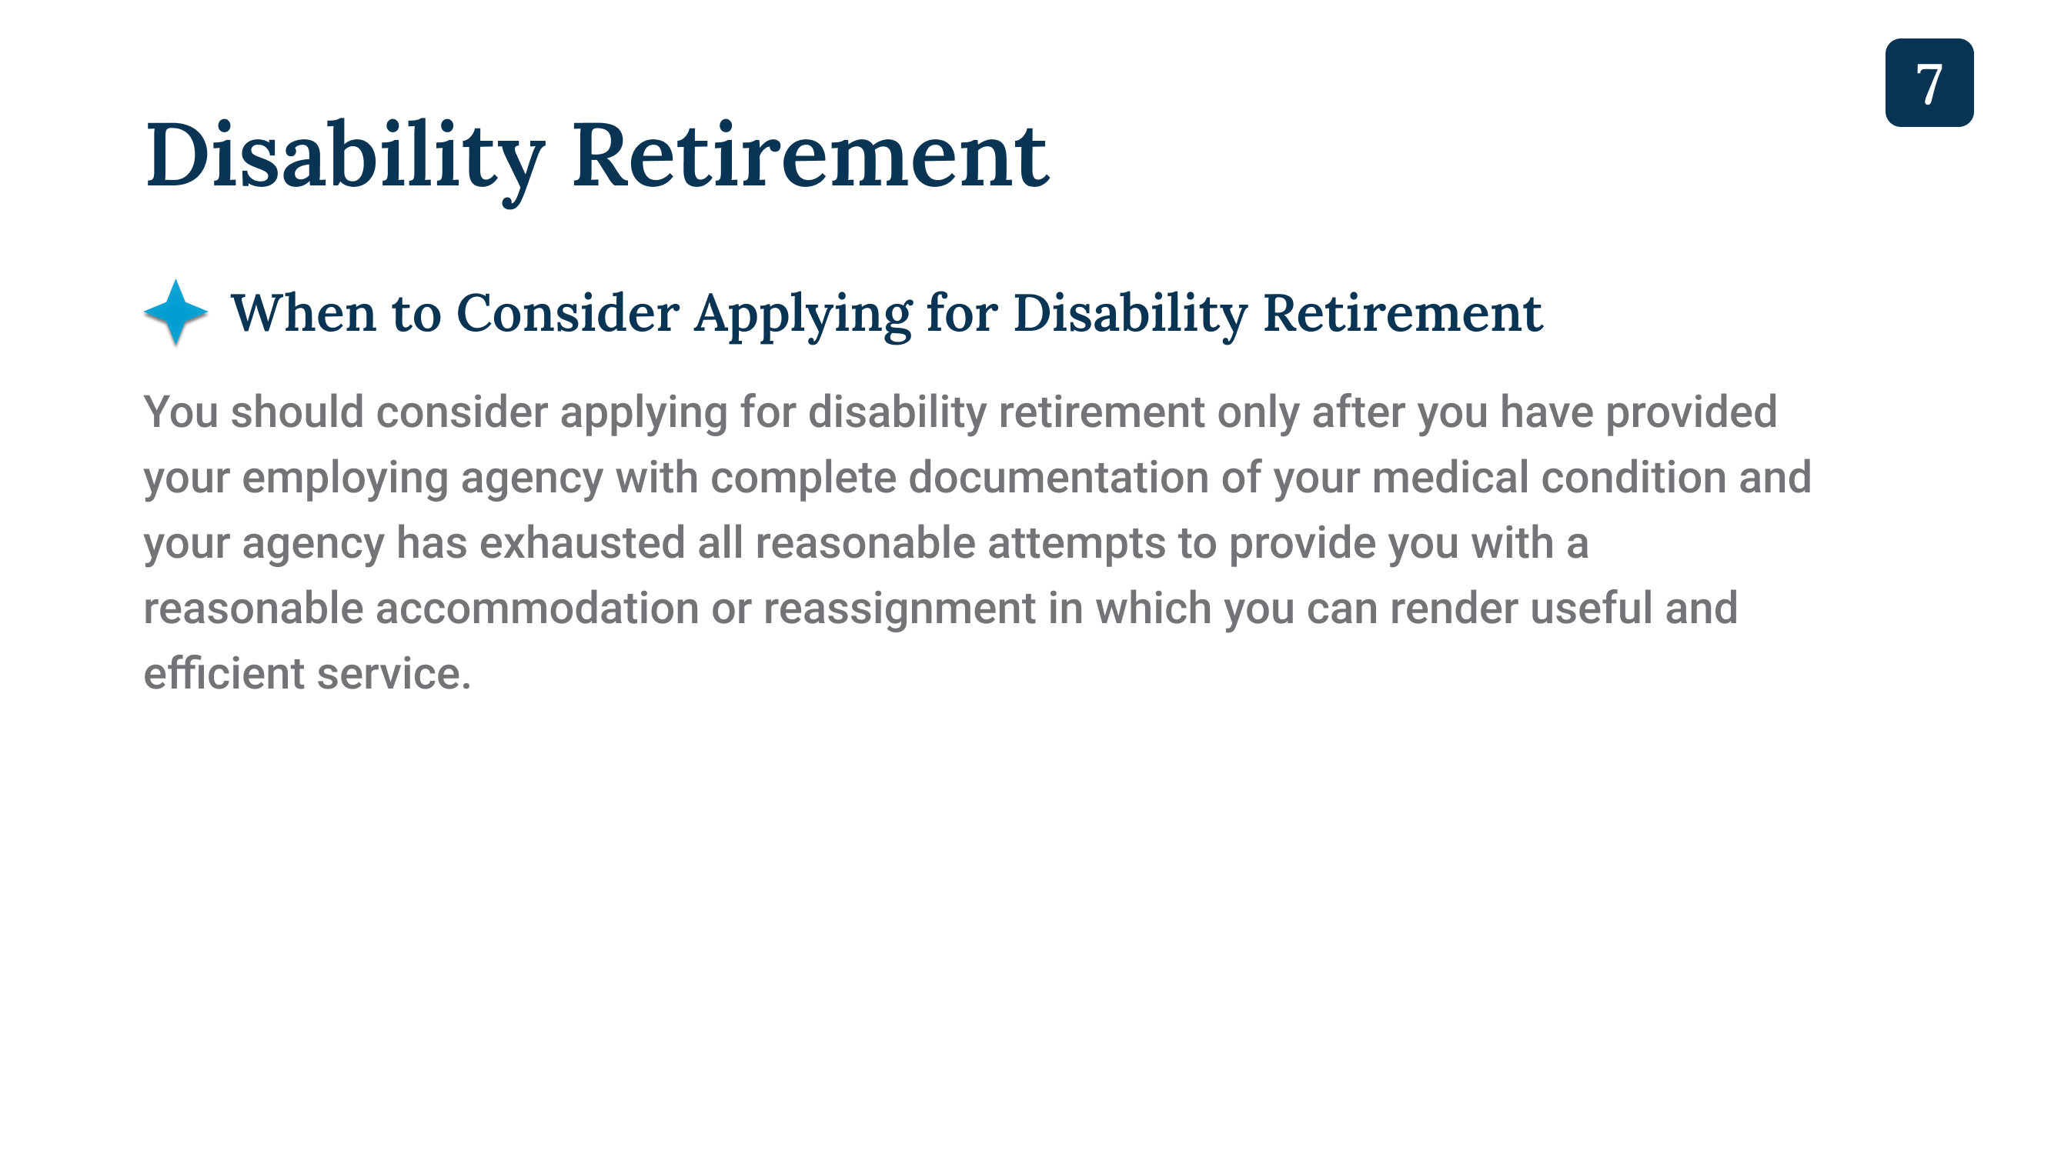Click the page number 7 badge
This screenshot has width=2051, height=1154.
coord(1929,83)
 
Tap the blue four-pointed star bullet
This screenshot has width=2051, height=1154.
coord(176,312)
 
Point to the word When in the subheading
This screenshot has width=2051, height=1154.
coord(302,312)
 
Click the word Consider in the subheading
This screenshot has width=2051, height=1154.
coord(568,312)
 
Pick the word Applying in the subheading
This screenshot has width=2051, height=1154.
coord(803,315)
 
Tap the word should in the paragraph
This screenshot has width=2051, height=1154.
coord(297,412)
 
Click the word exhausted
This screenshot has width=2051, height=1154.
coord(582,543)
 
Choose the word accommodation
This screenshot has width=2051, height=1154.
coord(537,609)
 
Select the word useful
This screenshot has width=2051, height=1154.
coord(1592,609)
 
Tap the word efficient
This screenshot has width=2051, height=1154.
coord(224,674)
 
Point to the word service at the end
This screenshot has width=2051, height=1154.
coord(394,674)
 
